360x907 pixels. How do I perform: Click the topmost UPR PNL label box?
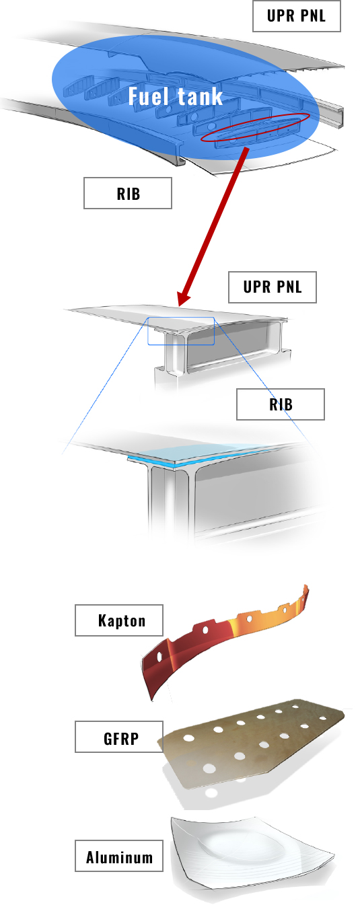(x=297, y=16)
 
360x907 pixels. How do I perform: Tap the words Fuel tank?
(x=176, y=96)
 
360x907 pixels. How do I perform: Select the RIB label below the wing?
(x=128, y=193)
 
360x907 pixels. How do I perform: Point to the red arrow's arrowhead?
(x=184, y=297)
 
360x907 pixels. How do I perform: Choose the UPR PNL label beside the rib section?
(x=273, y=287)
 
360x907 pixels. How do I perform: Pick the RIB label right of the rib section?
(x=281, y=404)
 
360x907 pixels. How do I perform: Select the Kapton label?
(x=119, y=620)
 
